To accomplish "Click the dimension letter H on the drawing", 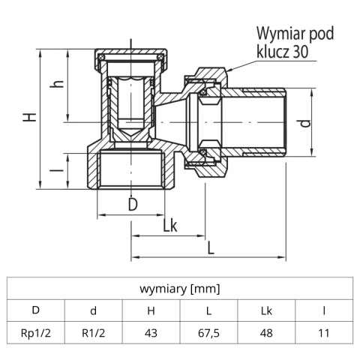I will pyautogui.click(x=28, y=118).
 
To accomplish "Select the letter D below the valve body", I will pyautogui.click(x=132, y=203).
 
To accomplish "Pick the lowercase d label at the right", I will pyautogui.click(x=304, y=123).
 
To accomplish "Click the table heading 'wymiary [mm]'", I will pyautogui.click(x=180, y=287).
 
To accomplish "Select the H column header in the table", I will pyautogui.click(x=151, y=309).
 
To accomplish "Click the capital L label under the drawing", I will pyautogui.click(x=211, y=246).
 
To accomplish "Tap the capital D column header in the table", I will pyautogui.click(x=35, y=309).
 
